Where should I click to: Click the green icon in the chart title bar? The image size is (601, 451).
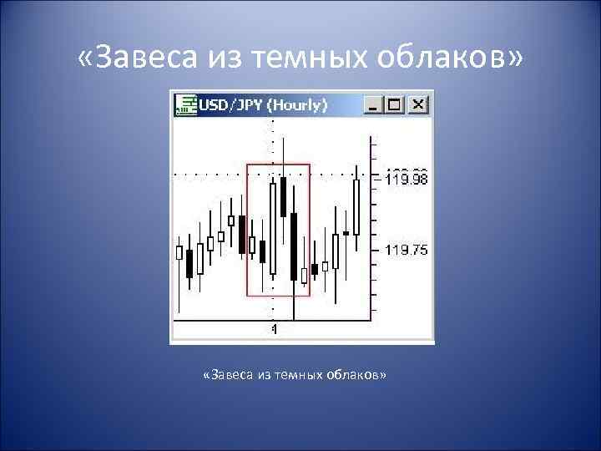tap(184, 104)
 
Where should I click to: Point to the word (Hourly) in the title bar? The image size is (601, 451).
tap(299, 104)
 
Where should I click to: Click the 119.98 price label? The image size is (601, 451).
tap(407, 179)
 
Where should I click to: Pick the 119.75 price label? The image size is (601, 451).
tap(407, 250)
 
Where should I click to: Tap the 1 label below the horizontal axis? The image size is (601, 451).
tap(274, 330)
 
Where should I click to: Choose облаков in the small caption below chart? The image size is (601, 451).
tap(355, 375)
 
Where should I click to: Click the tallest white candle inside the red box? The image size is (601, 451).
tap(273, 228)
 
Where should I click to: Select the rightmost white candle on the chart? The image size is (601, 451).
tap(356, 205)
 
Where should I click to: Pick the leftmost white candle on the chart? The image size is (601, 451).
tap(179, 252)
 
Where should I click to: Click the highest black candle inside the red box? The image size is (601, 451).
tap(284, 196)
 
